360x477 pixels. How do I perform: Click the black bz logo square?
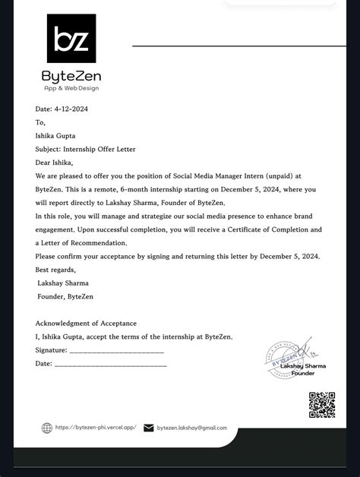point(71,38)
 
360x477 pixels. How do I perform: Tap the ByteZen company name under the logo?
point(71,76)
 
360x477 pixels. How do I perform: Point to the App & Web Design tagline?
point(71,88)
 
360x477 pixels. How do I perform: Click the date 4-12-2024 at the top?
point(62,109)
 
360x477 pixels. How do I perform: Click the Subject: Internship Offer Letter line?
point(86,149)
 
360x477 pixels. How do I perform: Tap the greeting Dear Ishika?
point(54,162)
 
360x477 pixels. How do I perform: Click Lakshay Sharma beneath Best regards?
point(63,283)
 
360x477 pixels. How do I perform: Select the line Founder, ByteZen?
point(65,296)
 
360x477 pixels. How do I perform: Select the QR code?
point(322,405)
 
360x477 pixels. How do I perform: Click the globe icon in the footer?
point(47,428)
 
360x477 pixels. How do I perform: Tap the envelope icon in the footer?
point(149,428)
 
